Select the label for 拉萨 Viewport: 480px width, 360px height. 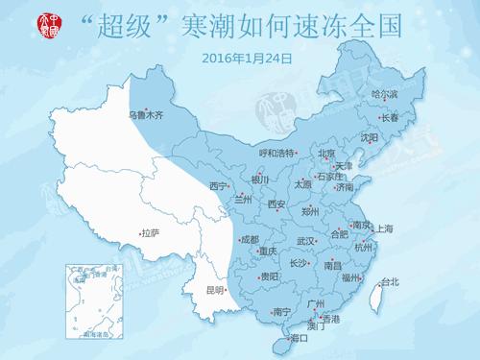coord(149,233)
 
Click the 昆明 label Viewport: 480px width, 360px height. coord(215,290)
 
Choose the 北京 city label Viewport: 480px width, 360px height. coord(327,153)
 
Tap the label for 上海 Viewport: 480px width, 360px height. coord(384,228)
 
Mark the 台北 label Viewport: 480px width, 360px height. coord(389,282)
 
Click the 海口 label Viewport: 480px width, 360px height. coord(299,338)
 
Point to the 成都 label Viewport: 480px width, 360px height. coord(250,239)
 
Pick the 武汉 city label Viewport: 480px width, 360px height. coord(306,241)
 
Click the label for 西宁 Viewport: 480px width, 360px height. coord(219,186)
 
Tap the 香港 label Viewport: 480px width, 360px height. coord(329,318)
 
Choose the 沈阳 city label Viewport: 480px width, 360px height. coord(369,137)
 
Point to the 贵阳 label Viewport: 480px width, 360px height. coord(270,276)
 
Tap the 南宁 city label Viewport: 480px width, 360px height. coord(281,311)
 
